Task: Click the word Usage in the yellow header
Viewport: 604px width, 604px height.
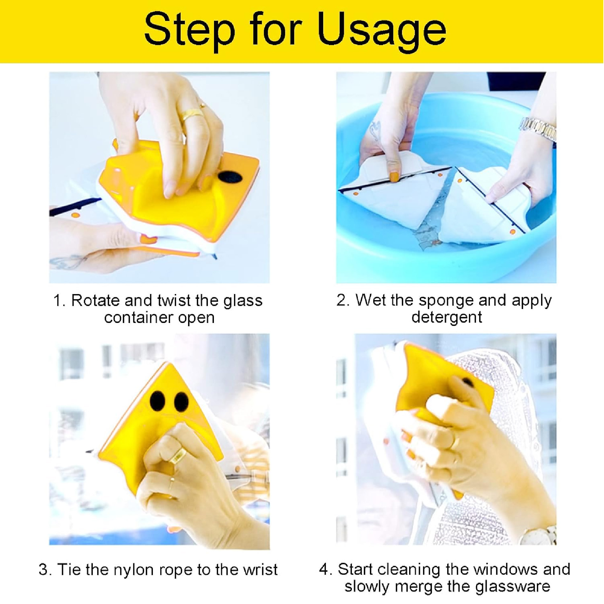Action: (x=382, y=31)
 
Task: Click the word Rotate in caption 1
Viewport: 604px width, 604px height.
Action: (x=95, y=300)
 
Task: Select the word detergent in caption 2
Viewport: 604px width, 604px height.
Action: (x=447, y=317)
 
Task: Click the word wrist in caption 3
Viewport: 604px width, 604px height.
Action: (x=260, y=569)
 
